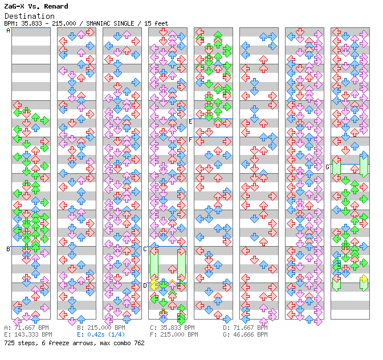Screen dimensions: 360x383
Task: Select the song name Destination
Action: coord(29,16)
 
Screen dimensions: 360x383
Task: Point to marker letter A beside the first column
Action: coord(8,31)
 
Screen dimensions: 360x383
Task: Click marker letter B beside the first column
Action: coord(8,249)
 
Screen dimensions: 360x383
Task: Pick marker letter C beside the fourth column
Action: coord(145,249)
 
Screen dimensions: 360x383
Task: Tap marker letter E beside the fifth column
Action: coord(190,121)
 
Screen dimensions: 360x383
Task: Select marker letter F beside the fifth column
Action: coord(190,140)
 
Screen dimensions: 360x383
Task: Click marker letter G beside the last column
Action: coord(327,167)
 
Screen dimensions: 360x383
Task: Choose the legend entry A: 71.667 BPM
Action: coord(28,328)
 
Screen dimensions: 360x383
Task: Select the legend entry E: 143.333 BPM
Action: coord(28,334)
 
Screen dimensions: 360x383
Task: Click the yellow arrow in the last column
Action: coord(364,279)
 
